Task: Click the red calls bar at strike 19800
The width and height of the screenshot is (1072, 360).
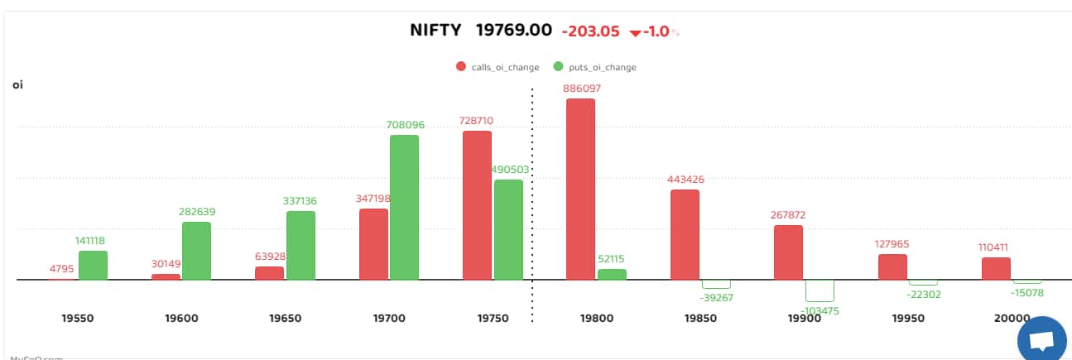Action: pyautogui.click(x=580, y=189)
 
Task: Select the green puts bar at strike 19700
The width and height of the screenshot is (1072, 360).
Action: pyautogui.click(x=404, y=207)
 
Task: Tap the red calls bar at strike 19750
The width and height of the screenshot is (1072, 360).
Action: pyautogui.click(x=477, y=205)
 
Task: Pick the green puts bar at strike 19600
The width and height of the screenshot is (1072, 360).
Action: pyautogui.click(x=196, y=251)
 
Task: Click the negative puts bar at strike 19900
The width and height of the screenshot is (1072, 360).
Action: pyautogui.click(x=820, y=290)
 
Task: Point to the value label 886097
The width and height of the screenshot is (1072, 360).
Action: pyautogui.click(x=580, y=88)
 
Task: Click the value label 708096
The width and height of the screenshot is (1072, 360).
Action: pyautogui.click(x=405, y=125)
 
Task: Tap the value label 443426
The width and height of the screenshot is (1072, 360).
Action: pyautogui.click(x=685, y=180)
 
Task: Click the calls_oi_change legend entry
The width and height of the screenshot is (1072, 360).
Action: pyautogui.click(x=498, y=67)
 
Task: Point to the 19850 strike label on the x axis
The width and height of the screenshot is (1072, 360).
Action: pyautogui.click(x=700, y=318)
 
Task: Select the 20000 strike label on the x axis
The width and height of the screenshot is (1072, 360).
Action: pyautogui.click(x=1012, y=318)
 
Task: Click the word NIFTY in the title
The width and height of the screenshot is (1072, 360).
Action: pyautogui.click(x=436, y=31)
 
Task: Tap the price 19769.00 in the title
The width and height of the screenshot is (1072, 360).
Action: pyautogui.click(x=513, y=31)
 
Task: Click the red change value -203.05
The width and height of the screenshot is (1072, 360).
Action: pyautogui.click(x=590, y=31)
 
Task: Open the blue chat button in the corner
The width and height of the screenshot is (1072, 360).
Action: pyautogui.click(x=1042, y=339)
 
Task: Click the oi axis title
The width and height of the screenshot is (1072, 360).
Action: pyautogui.click(x=17, y=84)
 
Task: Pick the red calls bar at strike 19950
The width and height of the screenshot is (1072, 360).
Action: pyautogui.click(x=892, y=266)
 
